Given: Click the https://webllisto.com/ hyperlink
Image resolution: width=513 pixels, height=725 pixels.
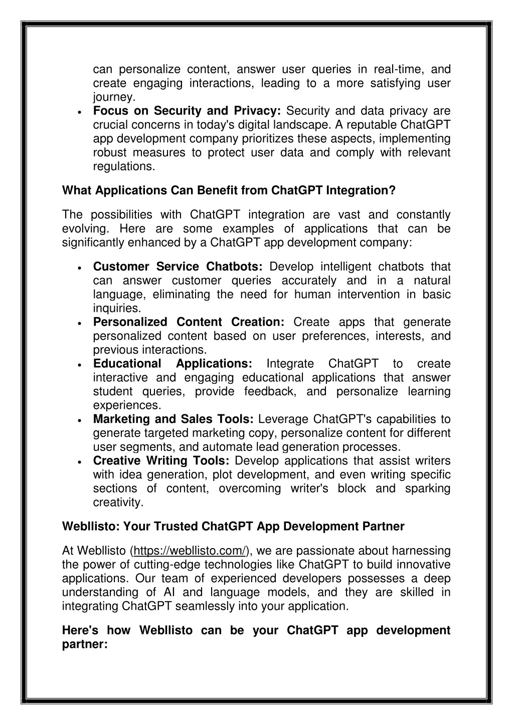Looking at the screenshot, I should pos(190,551).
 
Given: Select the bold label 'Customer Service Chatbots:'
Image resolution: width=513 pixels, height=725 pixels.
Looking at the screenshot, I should pos(178,267).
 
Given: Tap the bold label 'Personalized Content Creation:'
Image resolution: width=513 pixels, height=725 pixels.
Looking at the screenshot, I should pos(189,322).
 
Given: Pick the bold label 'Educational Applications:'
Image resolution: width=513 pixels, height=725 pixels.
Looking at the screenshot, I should pos(173,364).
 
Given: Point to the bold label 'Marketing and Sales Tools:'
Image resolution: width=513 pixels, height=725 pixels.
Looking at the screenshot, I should pos(174,419).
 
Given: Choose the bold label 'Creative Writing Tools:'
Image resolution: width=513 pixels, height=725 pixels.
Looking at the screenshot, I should pos(161,460).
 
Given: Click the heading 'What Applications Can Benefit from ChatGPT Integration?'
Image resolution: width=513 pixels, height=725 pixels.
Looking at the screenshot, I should pos(229,190).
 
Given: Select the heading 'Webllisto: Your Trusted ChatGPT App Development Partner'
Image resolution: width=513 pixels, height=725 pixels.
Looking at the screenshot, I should pos(233,527).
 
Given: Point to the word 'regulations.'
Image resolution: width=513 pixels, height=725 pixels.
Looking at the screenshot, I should pos(124,166).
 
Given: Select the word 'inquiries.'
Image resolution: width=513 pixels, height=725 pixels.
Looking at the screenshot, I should pos(117,308).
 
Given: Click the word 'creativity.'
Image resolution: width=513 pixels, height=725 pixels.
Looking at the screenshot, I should pos(118,502).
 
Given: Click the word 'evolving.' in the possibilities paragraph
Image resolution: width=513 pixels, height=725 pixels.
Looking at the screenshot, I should pos(84,229).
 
